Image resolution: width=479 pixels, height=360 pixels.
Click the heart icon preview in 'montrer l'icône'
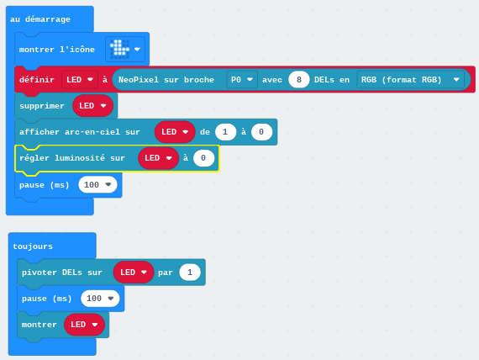pyautogui.click(x=119, y=49)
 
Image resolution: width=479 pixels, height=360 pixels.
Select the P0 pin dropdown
pyautogui.click(x=242, y=80)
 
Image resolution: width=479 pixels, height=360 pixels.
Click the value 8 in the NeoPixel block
pyautogui.click(x=299, y=80)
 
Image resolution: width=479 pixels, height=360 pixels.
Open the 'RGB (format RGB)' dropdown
pyautogui.click(x=410, y=80)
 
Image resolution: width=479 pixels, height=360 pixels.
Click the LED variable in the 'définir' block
pyautogui.click(x=80, y=80)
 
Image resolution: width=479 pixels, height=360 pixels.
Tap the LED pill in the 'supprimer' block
pyautogui.click(x=93, y=106)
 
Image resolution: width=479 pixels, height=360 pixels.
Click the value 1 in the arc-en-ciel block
pyautogui.click(x=225, y=132)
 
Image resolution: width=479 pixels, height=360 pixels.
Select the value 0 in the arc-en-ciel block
pyautogui.click(x=261, y=132)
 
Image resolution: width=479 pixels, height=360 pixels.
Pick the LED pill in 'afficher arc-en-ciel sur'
pyautogui.click(x=175, y=132)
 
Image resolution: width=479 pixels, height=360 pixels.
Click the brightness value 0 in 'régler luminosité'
pyautogui.click(x=203, y=158)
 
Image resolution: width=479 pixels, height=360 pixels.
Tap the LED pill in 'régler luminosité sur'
pyautogui.click(x=158, y=158)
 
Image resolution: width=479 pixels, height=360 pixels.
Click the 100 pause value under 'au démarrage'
pyautogui.click(x=97, y=185)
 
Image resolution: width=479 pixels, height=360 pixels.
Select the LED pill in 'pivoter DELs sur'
pyautogui.click(x=134, y=273)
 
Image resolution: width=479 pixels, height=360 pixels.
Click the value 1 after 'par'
pyautogui.click(x=190, y=273)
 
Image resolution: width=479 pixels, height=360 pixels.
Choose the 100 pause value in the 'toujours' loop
pyautogui.click(x=100, y=299)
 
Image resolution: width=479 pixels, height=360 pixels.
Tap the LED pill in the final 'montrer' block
pyautogui.click(x=84, y=325)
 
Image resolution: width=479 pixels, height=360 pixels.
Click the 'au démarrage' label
pyautogui.click(x=40, y=19)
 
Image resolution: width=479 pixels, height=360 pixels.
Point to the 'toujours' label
pyautogui.click(x=33, y=246)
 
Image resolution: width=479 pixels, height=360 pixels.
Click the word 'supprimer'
pyautogui.click(x=42, y=106)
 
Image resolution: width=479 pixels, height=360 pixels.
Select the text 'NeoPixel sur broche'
pyautogui.click(x=166, y=80)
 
